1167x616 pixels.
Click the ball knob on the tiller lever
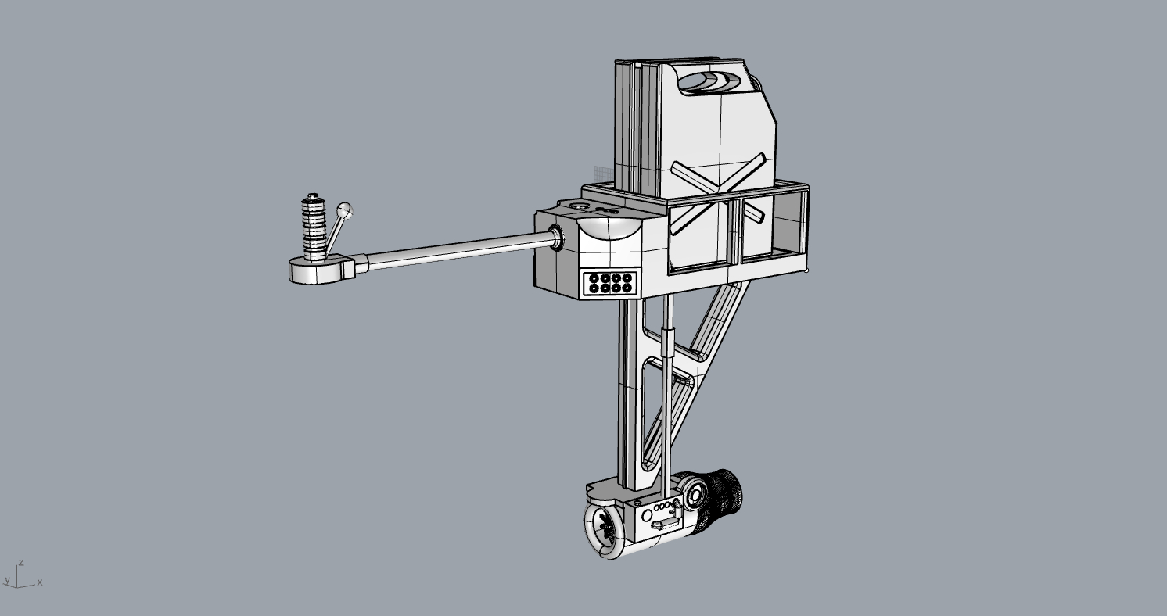(344, 210)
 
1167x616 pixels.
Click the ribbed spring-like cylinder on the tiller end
(313, 227)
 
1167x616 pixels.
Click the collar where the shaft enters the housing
(556, 238)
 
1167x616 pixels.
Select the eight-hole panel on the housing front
(610, 283)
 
